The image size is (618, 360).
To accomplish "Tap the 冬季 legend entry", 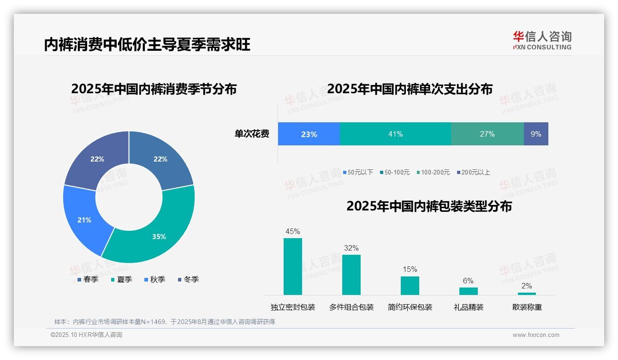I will click(188, 280).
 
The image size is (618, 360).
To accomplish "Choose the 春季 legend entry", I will click(88, 280).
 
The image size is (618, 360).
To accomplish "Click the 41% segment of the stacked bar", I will click(395, 134).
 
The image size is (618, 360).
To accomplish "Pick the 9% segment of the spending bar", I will click(536, 134).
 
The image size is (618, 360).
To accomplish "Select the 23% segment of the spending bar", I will click(309, 134).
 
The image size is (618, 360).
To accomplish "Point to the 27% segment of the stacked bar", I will click(487, 134).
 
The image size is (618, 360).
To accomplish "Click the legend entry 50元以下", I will click(358, 172).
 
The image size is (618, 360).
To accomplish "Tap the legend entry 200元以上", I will click(473, 172).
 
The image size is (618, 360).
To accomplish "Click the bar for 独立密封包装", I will click(292, 266).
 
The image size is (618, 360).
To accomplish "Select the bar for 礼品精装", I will click(468, 291).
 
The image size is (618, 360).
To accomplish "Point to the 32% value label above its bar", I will click(351, 248).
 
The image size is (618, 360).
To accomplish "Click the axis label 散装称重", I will click(527, 307).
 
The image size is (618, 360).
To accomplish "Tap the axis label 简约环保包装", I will click(410, 307).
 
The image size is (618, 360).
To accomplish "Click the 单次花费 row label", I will click(252, 134).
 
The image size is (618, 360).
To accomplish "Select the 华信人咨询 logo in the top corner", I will click(542, 40).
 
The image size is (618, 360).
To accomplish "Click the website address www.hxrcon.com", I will click(535, 335).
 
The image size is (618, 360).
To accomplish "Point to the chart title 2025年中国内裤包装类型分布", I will click(429, 206).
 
